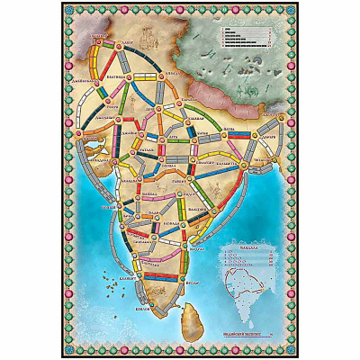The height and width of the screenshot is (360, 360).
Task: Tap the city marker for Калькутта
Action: (x=244, y=152)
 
